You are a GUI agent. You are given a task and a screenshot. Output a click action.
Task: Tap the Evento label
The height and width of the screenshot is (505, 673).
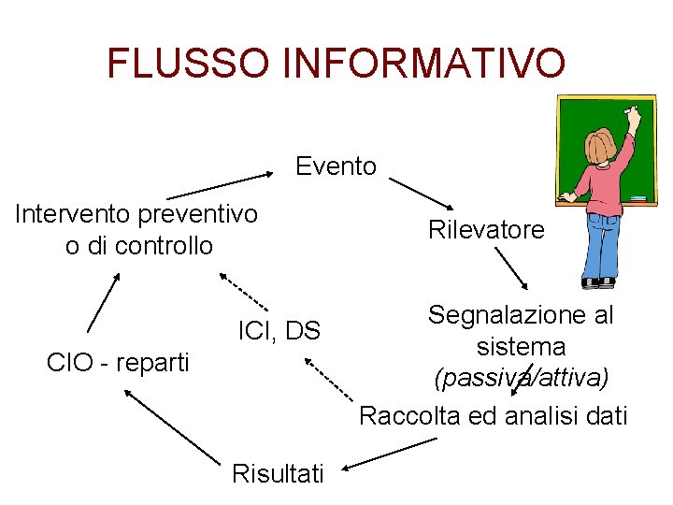pyautogui.click(x=336, y=166)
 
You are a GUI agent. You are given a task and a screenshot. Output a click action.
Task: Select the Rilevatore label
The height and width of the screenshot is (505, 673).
pyautogui.click(x=486, y=229)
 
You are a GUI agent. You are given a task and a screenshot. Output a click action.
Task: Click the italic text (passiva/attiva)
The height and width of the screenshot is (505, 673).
pyautogui.click(x=521, y=379)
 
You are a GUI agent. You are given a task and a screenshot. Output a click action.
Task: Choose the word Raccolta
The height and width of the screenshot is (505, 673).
pyautogui.click(x=408, y=415)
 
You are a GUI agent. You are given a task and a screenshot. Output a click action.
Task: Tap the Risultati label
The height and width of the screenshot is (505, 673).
pyautogui.click(x=278, y=473)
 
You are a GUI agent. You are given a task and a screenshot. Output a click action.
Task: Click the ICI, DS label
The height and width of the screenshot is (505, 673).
pyautogui.click(x=279, y=330)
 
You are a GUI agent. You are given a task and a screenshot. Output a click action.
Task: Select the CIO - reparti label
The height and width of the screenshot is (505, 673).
pyautogui.click(x=118, y=362)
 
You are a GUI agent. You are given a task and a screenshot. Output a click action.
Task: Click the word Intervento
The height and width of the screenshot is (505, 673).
pyautogui.click(x=73, y=214)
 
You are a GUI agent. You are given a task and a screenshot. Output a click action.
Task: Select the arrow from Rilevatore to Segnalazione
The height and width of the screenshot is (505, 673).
pyautogui.click(x=511, y=268)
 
